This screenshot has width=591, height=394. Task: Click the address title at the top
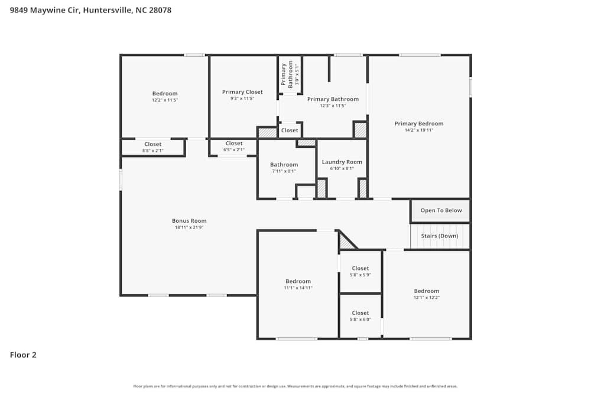[90, 10]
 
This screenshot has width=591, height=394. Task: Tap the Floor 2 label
[23, 355]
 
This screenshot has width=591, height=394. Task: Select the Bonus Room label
[189, 221]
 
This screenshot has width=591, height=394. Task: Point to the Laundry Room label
[342, 162]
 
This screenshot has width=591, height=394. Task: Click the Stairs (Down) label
[439, 236]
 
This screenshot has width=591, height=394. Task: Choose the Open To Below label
[441, 210]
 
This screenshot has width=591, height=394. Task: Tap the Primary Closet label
[242, 92]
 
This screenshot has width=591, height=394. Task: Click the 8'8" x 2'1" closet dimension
[152, 151]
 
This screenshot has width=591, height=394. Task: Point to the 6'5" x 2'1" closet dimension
[233, 149]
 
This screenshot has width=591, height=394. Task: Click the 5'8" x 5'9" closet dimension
[360, 275]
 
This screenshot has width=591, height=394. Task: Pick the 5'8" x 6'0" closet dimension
[360, 320]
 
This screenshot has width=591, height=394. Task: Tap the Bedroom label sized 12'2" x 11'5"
[164, 93]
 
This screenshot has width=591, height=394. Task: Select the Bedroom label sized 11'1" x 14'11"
[298, 281]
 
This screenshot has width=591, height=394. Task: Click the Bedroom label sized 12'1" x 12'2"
[426, 291]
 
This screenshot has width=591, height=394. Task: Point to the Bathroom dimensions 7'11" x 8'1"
[284, 171]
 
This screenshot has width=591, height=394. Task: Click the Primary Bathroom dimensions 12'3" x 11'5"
[333, 106]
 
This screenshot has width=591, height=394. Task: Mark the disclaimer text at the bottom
[295, 386]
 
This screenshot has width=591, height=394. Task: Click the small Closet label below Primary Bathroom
[290, 131]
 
